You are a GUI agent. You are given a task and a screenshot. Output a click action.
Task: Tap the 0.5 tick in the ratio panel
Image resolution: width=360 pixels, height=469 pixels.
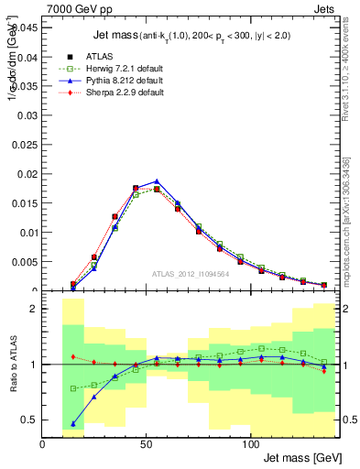point(30,420)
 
